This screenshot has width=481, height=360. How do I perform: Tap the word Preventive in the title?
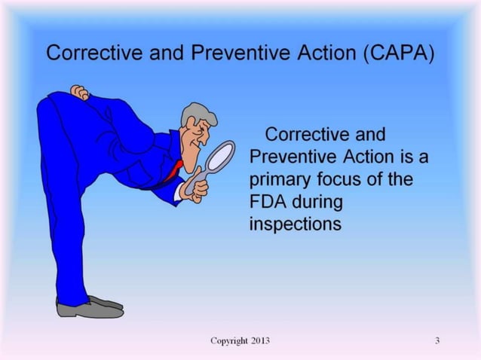point(225,55)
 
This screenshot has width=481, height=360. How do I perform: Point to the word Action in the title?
point(310,55)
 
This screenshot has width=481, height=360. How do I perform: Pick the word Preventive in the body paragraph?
point(291,157)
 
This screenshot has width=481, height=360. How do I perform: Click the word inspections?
point(295,224)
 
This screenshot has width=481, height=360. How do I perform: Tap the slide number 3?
point(437,341)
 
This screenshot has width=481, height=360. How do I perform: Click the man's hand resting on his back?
point(80,92)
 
